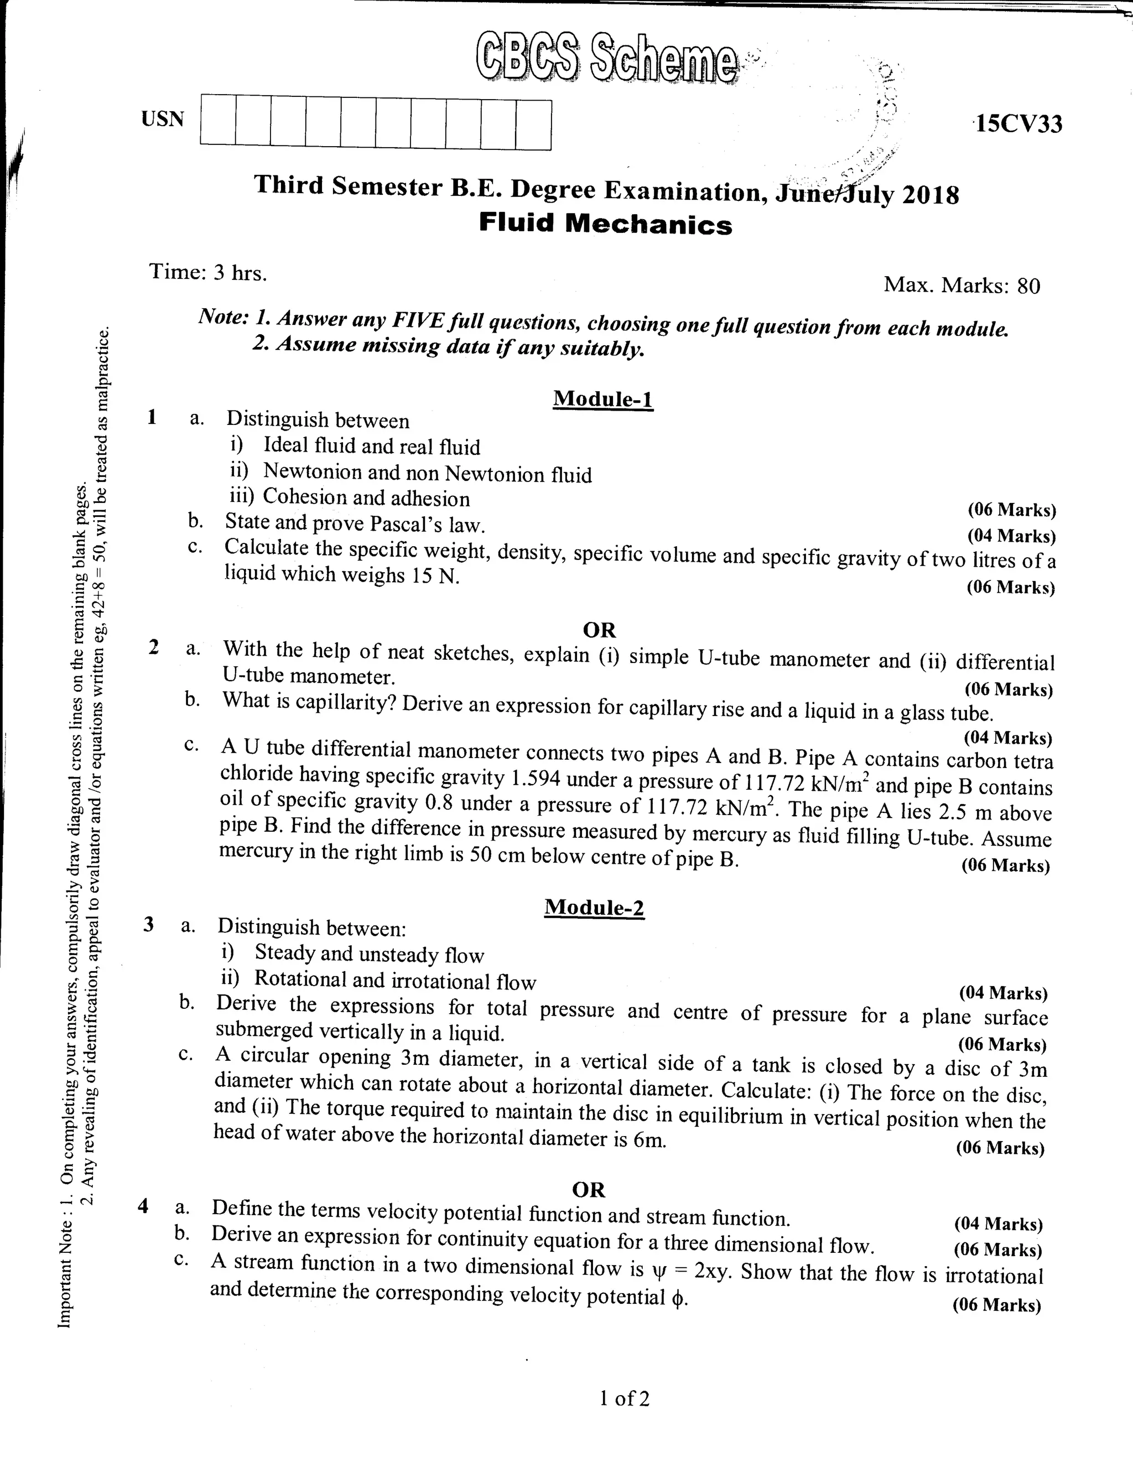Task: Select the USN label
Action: coord(163,119)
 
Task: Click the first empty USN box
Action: coord(217,120)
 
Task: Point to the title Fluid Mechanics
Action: coord(605,224)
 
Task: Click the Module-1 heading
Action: coord(602,399)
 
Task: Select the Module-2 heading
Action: coord(594,908)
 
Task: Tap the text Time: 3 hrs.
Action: coord(208,272)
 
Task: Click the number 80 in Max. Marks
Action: coord(1028,287)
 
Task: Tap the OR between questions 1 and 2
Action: coord(599,630)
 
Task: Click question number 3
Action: coord(148,925)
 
